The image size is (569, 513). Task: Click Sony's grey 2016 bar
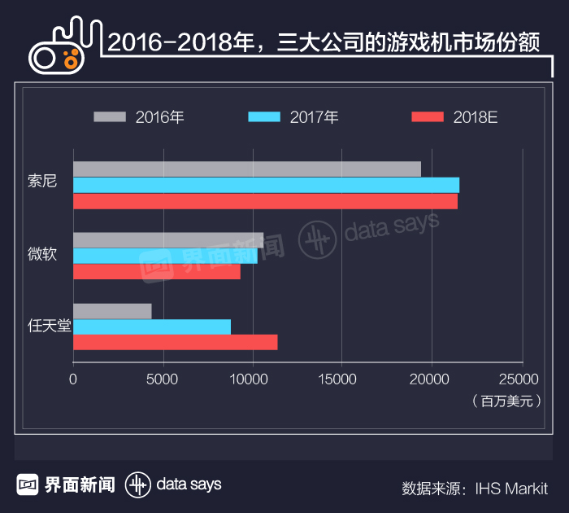tap(247, 169)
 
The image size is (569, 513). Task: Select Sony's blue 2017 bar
tap(266, 185)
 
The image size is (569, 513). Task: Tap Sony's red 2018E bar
tap(265, 201)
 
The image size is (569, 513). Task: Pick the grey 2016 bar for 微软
tap(168, 240)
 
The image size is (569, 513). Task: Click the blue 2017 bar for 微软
tap(165, 256)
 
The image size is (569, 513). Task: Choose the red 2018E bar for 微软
tap(157, 272)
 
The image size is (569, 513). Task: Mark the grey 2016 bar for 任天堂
tap(112, 311)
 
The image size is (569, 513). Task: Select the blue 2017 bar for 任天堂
tap(152, 327)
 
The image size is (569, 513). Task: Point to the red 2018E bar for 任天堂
tap(175, 343)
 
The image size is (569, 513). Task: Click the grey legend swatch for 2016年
tap(111, 116)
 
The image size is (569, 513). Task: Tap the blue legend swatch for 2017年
tap(264, 116)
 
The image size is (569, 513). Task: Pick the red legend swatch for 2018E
tap(428, 116)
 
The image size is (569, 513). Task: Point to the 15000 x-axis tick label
tap(341, 379)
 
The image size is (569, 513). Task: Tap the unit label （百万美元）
tap(506, 401)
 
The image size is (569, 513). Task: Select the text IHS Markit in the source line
tap(511, 489)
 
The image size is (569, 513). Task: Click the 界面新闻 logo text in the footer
tap(79, 484)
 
